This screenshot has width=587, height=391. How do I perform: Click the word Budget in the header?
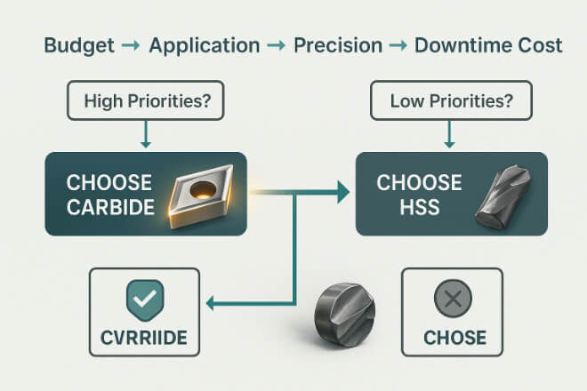pyautogui.click(x=79, y=46)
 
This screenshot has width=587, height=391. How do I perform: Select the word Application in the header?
pyautogui.click(x=205, y=46)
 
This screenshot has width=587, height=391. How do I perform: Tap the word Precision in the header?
pyautogui.click(x=338, y=45)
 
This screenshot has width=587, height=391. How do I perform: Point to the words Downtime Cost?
pyautogui.click(x=488, y=45)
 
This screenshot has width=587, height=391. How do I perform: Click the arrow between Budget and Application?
pyautogui.click(x=131, y=46)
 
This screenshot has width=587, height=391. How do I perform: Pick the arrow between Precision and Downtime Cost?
pyautogui.click(x=398, y=46)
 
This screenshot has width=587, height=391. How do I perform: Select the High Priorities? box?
pyautogui.click(x=146, y=100)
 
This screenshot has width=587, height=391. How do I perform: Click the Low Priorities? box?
pyautogui.click(x=451, y=100)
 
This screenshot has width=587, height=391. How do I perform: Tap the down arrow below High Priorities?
pyautogui.click(x=146, y=134)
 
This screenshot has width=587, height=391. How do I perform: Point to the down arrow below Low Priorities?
pyautogui.click(x=449, y=134)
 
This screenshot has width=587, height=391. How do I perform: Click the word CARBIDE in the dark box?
pyautogui.click(x=110, y=207)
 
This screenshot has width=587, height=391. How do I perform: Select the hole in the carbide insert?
pyautogui.click(x=203, y=189)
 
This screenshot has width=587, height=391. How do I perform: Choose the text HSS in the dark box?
pyautogui.click(x=419, y=207)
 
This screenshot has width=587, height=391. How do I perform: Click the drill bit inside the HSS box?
pyautogui.click(x=503, y=196)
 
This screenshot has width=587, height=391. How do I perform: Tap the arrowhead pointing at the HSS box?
pyautogui.click(x=343, y=192)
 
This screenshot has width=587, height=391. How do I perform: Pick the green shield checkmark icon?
pyautogui.click(x=145, y=300)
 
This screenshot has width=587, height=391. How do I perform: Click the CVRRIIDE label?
pyautogui.click(x=144, y=338)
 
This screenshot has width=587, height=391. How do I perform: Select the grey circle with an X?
pyautogui.click(x=453, y=299)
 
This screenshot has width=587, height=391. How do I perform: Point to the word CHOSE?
pyautogui.click(x=454, y=338)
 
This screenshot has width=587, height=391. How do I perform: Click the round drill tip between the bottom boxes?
pyautogui.click(x=345, y=315)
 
